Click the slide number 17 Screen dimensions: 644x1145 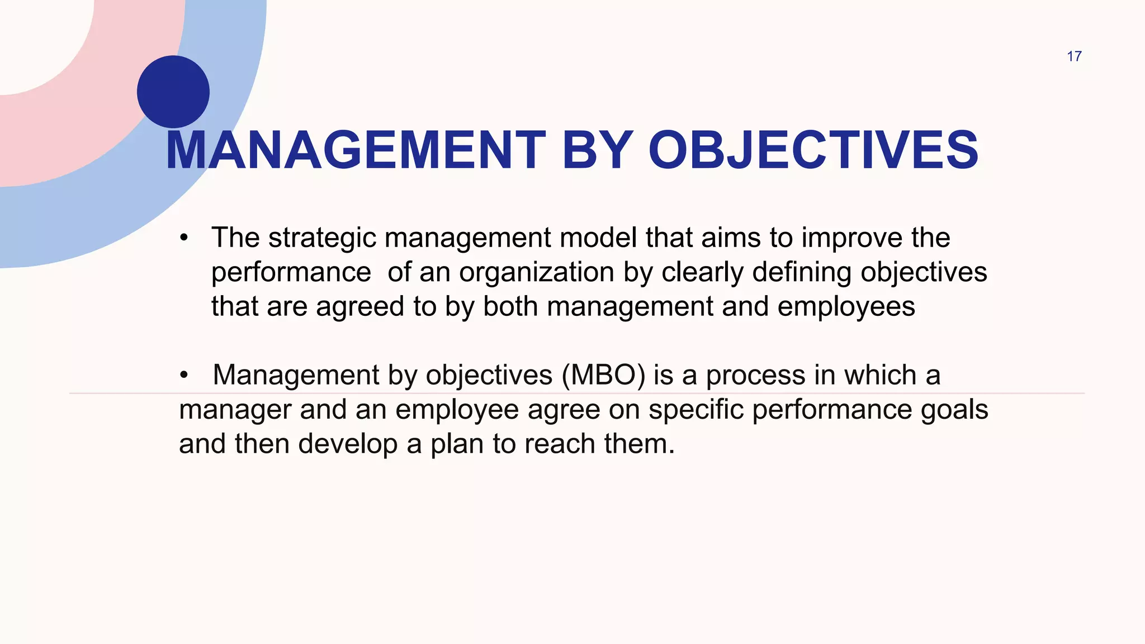click(1074, 56)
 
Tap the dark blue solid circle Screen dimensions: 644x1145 click(173, 92)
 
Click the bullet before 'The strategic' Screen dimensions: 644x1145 click(184, 239)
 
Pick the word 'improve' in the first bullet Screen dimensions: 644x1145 click(852, 238)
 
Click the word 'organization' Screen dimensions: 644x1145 click(537, 273)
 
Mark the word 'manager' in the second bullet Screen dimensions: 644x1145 click(235, 410)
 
